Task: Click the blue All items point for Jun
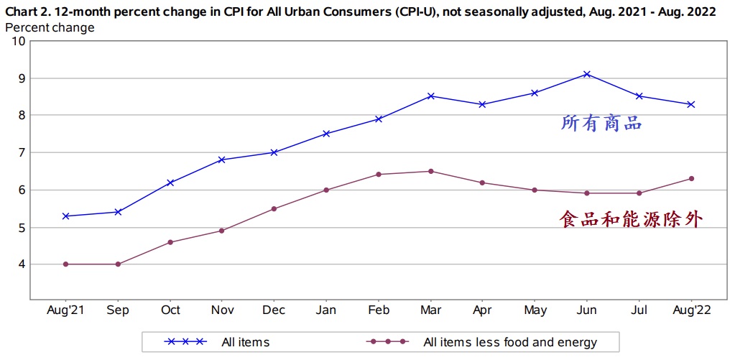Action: click(587, 74)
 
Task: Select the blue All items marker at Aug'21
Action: click(66, 216)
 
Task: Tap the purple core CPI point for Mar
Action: click(430, 171)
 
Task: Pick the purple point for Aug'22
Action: click(691, 178)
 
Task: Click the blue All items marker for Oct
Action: click(170, 183)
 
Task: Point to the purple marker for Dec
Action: click(274, 208)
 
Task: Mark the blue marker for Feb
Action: click(379, 119)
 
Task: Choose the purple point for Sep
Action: click(118, 264)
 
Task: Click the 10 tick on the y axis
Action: click(18, 41)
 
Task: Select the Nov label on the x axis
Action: click(222, 310)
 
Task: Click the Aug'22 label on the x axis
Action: click(691, 310)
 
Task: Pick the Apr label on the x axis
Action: click(483, 310)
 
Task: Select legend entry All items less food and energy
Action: click(510, 342)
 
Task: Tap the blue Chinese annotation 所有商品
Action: click(601, 123)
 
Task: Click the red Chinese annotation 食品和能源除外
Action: click(629, 219)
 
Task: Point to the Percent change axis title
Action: click(50, 27)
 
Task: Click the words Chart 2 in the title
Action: click(27, 12)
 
